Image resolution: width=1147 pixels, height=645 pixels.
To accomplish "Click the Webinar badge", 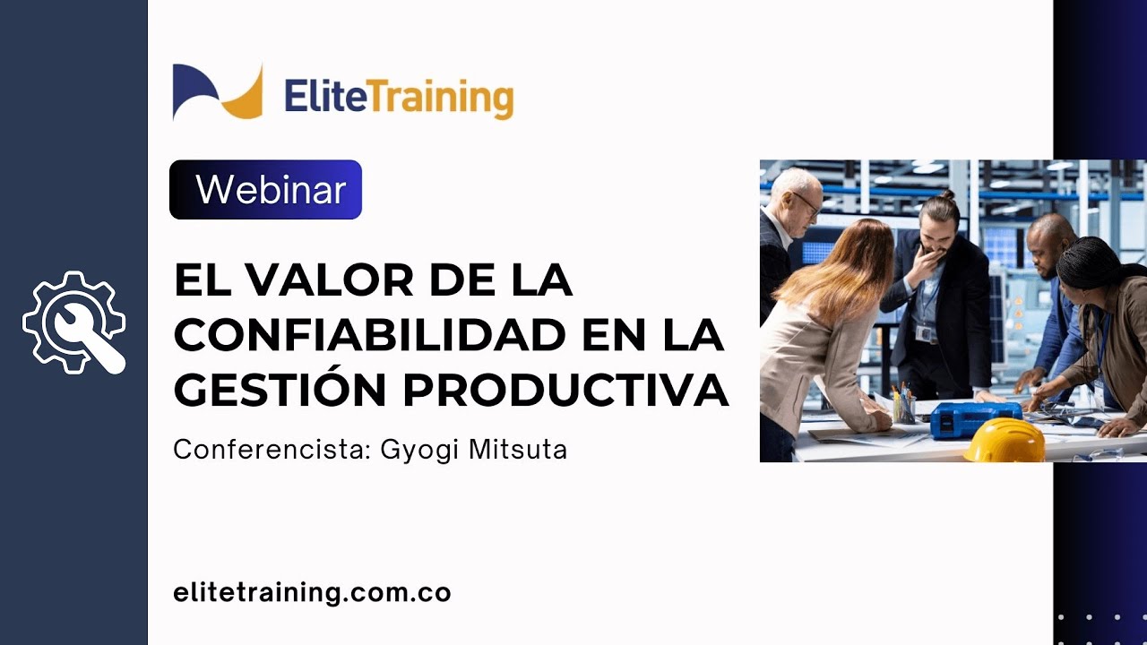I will tap(265, 190).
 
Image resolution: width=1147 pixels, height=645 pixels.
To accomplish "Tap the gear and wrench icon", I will tap(74, 322).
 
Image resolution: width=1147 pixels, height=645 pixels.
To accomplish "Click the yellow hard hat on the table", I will tap(1004, 440).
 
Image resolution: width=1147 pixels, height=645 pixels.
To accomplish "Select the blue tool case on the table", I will tap(975, 418).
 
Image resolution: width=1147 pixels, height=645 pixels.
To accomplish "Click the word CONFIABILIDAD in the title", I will tap(370, 336).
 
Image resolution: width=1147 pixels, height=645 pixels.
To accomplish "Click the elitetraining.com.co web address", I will tap(312, 592).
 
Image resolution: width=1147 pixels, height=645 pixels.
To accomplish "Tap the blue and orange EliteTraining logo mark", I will tap(218, 91).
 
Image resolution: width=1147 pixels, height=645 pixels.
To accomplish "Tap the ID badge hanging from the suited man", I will tap(924, 333).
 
